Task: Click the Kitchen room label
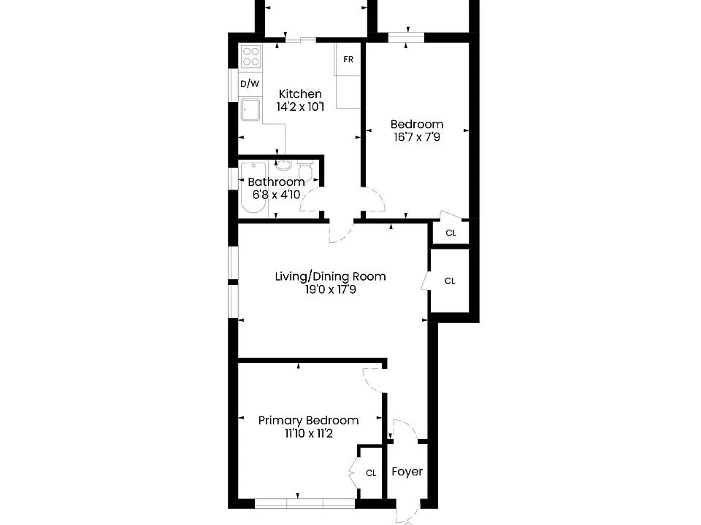[x=300, y=94]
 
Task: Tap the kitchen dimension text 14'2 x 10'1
[x=300, y=106]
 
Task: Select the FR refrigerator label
[x=348, y=59]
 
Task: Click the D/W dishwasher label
[x=250, y=83]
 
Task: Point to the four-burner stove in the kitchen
[x=250, y=57]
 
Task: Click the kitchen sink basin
[x=250, y=110]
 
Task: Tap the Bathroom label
[x=276, y=182]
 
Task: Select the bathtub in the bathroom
[x=253, y=188]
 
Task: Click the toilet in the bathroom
[x=305, y=171]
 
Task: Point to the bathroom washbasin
[x=283, y=166]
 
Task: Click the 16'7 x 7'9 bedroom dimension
[x=417, y=137]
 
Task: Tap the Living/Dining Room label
[x=330, y=276]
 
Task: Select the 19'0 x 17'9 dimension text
[x=330, y=289]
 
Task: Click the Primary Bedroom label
[x=308, y=420]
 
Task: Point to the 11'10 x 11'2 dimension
[x=308, y=433]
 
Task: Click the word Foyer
[x=407, y=472]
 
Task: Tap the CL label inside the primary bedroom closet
[x=371, y=473]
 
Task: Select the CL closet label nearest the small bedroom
[x=451, y=233]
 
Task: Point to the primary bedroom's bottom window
[x=305, y=504]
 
